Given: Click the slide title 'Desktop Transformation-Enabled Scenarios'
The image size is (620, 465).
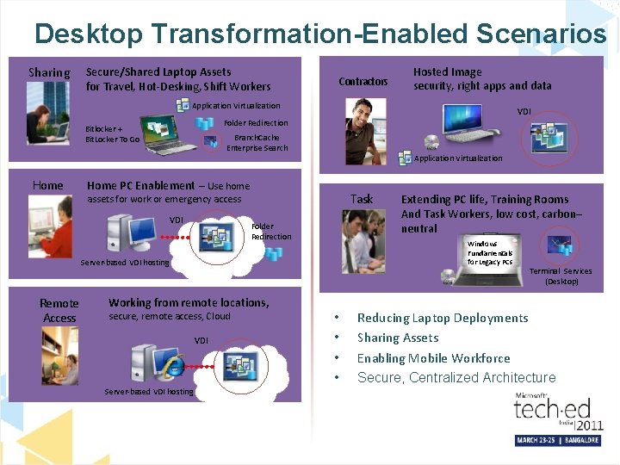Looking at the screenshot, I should click(x=319, y=34).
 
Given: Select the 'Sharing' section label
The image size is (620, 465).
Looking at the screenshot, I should click(x=49, y=72).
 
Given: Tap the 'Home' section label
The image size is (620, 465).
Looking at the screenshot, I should click(x=47, y=185).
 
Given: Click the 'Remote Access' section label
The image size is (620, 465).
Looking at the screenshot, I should click(x=59, y=310).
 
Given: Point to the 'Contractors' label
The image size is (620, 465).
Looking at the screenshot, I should click(x=363, y=82).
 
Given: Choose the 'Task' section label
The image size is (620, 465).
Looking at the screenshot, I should click(x=362, y=199).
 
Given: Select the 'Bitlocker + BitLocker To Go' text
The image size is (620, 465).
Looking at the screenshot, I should click(x=112, y=134).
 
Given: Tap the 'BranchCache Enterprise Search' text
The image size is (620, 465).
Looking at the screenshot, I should click(x=257, y=142).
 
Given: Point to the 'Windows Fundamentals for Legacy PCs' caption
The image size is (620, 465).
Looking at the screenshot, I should click(x=489, y=252).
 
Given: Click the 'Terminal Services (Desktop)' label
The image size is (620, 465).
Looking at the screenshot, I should click(x=561, y=276).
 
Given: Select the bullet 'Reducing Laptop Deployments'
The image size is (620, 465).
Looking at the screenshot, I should click(x=443, y=318).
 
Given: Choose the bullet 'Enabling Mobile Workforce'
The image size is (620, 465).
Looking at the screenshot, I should click(x=433, y=358).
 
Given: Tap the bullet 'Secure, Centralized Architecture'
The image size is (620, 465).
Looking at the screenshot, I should click(x=456, y=377).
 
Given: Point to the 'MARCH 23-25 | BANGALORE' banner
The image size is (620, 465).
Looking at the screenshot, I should click(x=558, y=440).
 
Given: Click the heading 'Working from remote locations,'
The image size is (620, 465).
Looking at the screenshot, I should click(x=189, y=302).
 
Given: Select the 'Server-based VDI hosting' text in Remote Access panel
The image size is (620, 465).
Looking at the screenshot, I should click(x=149, y=392).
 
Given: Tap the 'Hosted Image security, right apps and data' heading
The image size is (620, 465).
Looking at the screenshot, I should click(x=482, y=78).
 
